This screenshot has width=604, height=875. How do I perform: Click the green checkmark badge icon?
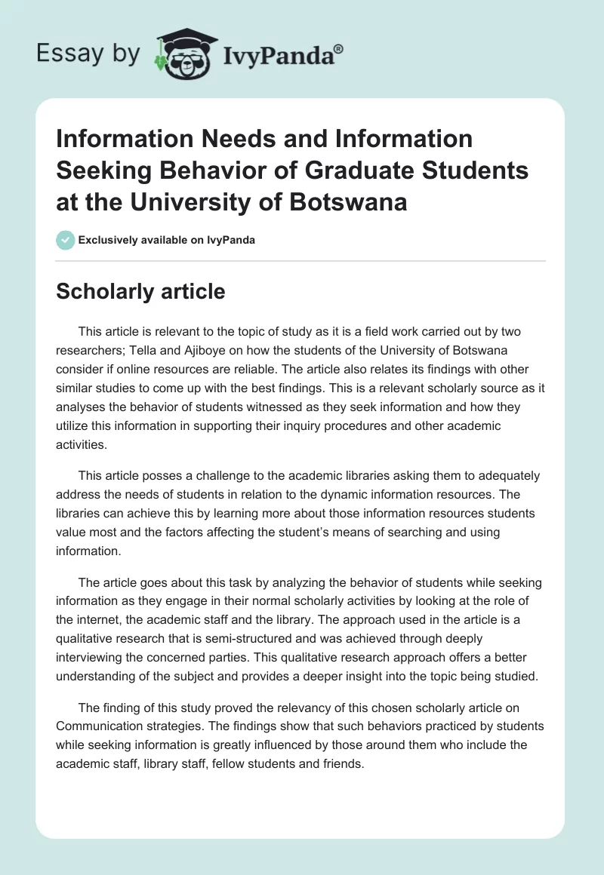(65, 240)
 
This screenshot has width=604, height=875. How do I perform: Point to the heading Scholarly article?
(140, 292)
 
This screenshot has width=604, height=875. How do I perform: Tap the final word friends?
(344, 763)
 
